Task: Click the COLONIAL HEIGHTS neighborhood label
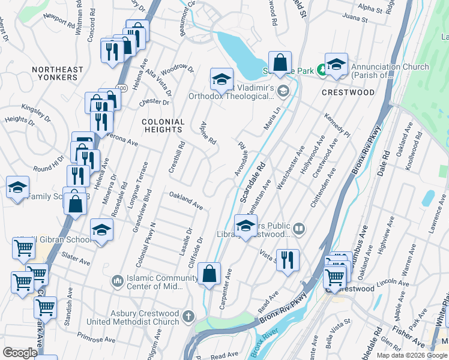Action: click(x=163, y=125)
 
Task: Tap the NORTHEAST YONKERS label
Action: click(x=58, y=74)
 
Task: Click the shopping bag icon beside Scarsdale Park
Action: click(x=280, y=62)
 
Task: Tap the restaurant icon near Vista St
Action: click(x=288, y=260)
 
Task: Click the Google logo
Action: click(x=20, y=352)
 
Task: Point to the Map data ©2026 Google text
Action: click(x=412, y=355)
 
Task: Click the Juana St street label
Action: click(x=355, y=19)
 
